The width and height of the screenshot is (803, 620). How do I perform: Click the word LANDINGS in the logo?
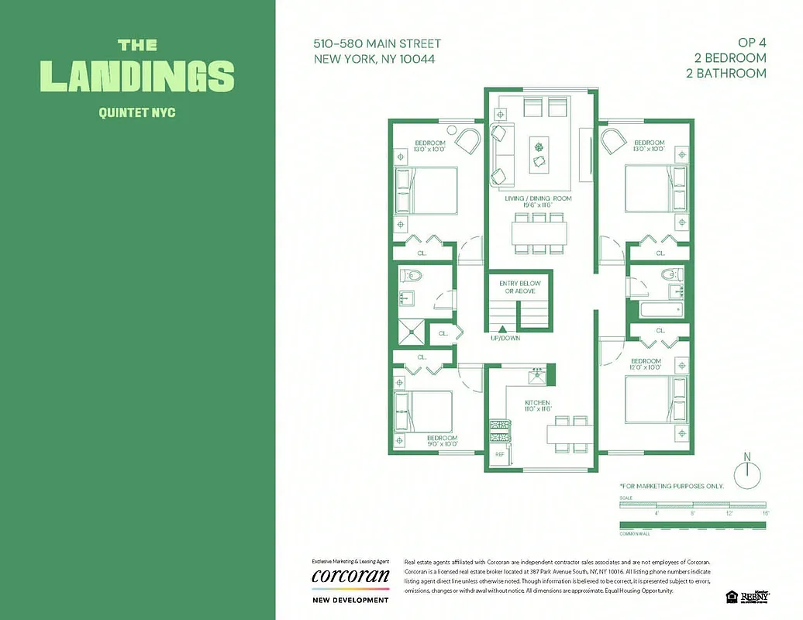point(137,75)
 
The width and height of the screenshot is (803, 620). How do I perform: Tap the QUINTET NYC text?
point(137,112)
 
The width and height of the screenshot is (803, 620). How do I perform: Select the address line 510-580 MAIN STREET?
point(377,44)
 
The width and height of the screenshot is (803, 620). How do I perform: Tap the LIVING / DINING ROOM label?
point(538,199)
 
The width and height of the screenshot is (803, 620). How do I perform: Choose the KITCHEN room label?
point(537,403)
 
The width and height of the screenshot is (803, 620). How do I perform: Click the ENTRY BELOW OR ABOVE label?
point(519,288)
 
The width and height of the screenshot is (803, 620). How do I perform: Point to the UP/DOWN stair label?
point(505,338)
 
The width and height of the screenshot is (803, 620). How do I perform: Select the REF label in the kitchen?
point(500,454)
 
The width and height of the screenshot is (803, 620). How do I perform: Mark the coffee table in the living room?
point(539,155)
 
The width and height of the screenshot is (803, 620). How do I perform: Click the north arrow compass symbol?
point(747,472)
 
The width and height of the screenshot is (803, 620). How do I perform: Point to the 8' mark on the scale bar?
point(692,513)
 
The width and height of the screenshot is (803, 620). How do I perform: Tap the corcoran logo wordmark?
point(350,577)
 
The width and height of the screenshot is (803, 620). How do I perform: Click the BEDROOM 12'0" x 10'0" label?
point(645,364)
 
